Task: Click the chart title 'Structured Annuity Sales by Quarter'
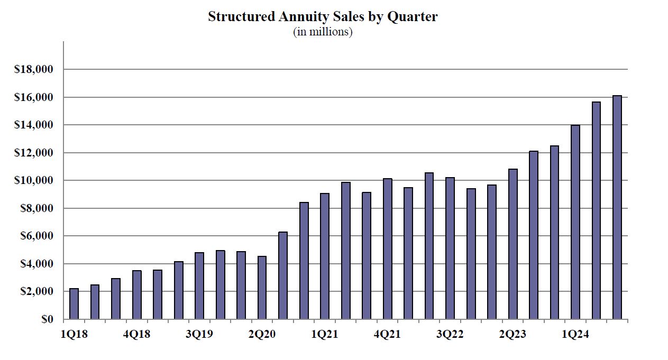click(323, 17)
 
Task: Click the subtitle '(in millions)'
click(323, 32)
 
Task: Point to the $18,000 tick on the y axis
click(36, 70)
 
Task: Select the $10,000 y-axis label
click(36, 181)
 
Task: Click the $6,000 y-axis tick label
click(39, 236)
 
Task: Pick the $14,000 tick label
click(36, 125)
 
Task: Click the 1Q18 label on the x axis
click(74, 335)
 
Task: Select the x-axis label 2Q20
click(262, 335)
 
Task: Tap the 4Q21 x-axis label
click(388, 335)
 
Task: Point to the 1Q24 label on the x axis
click(576, 335)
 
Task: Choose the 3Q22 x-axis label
click(450, 335)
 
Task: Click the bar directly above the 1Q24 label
click(575, 222)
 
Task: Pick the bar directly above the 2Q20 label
click(262, 288)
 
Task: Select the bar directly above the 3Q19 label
click(199, 286)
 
